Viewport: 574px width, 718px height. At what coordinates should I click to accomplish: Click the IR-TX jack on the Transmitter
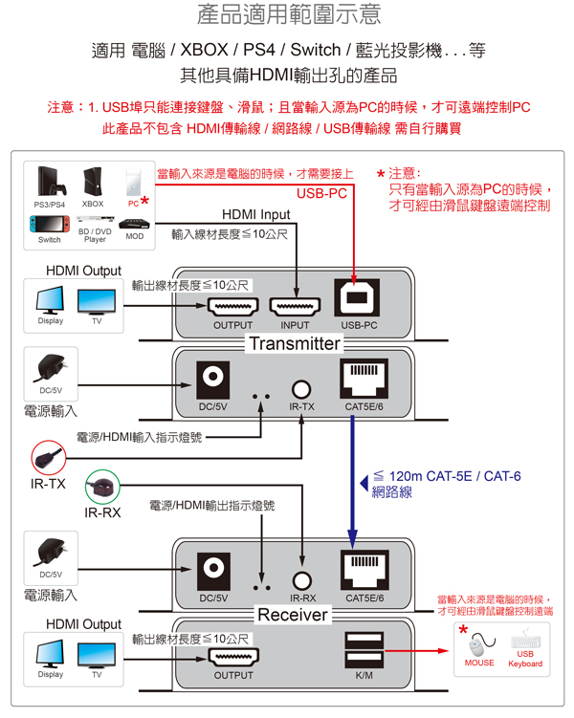[x=301, y=388]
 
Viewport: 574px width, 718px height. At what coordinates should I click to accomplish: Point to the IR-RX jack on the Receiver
[x=302, y=579]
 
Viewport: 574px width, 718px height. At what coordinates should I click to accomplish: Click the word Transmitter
[x=295, y=343]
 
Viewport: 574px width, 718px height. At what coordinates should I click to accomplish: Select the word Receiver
[x=293, y=614]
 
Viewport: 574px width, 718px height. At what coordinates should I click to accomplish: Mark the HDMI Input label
[x=255, y=214]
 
